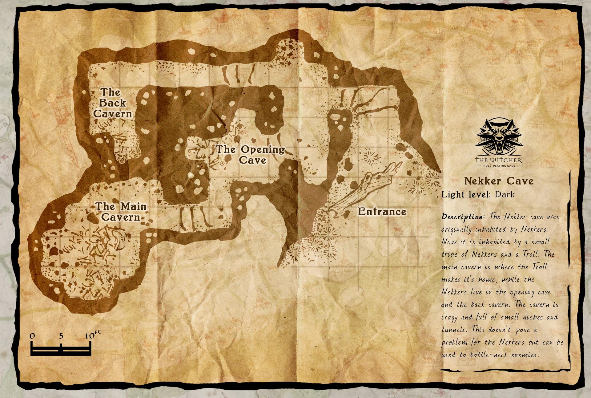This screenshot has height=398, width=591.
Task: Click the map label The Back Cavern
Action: coord(112,103)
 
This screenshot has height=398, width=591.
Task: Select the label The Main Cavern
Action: coord(121,212)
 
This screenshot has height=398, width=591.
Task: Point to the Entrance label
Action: coord(382,212)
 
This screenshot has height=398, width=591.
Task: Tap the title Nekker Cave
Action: coord(499,181)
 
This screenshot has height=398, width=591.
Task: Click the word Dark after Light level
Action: coord(505,195)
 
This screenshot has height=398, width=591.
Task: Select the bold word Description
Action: coord(463,217)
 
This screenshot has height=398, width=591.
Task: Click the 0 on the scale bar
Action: coord(32,336)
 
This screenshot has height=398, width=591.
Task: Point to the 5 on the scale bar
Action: coord(61,336)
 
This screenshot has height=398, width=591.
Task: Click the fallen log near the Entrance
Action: coord(363,191)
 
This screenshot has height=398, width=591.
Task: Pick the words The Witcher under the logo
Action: coord(499,160)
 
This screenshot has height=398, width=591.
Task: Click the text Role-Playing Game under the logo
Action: coord(499,166)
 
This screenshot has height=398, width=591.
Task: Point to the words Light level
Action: coord(466,195)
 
